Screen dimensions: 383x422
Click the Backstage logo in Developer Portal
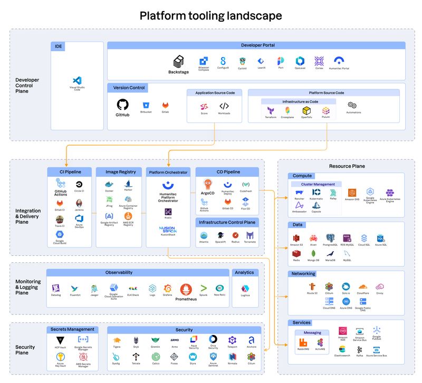(x=178, y=62)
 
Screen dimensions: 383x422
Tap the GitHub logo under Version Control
(x=122, y=104)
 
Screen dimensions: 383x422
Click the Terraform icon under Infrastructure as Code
(x=270, y=111)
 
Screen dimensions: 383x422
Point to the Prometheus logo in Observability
(x=185, y=289)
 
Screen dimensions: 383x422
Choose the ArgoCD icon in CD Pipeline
(x=208, y=184)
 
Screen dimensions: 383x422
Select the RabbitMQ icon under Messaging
(x=302, y=343)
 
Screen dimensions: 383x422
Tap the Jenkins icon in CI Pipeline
(x=79, y=203)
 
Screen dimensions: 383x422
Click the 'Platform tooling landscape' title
(x=210, y=16)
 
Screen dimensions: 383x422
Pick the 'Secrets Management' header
(x=72, y=329)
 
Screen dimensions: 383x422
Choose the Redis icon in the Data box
(x=296, y=254)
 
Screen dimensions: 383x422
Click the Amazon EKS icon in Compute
(x=352, y=193)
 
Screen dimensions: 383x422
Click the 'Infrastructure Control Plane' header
(x=227, y=222)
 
